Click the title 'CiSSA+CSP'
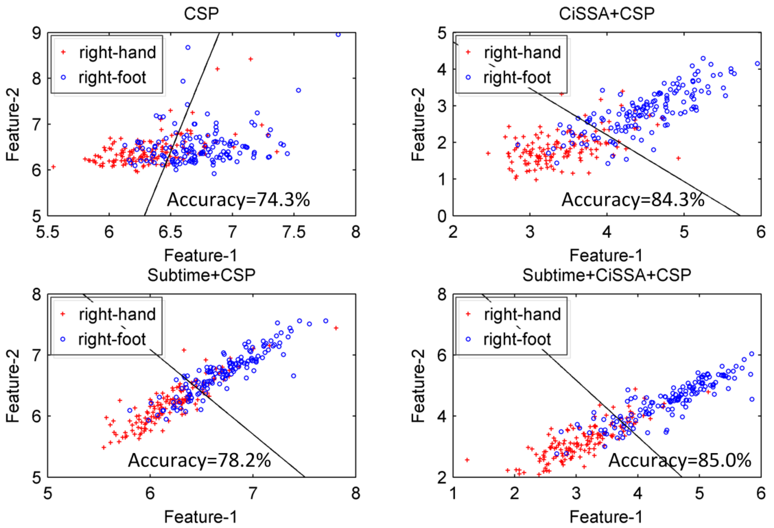(x=606, y=14)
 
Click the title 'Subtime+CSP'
(x=201, y=275)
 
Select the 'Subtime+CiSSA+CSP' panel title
(x=606, y=275)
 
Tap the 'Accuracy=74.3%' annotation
(x=238, y=200)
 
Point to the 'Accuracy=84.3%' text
(x=633, y=200)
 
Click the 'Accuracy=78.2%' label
(x=199, y=460)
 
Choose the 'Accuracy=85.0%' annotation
(x=680, y=460)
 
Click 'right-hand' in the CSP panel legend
(x=117, y=53)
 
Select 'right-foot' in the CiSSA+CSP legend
(x=517, y=77)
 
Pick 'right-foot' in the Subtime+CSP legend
(x=112, y=339)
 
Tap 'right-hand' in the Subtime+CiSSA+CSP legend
(x=522, y=314)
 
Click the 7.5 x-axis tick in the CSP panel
(x=294, y=232)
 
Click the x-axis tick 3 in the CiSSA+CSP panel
(x=530, y=232)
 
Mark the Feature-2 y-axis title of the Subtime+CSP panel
(x=13, y=386)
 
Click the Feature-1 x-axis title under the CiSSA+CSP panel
(x=606, y=256)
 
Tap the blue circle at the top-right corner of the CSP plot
(x=338, y=34)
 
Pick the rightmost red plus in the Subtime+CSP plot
(x=336, y=328)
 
